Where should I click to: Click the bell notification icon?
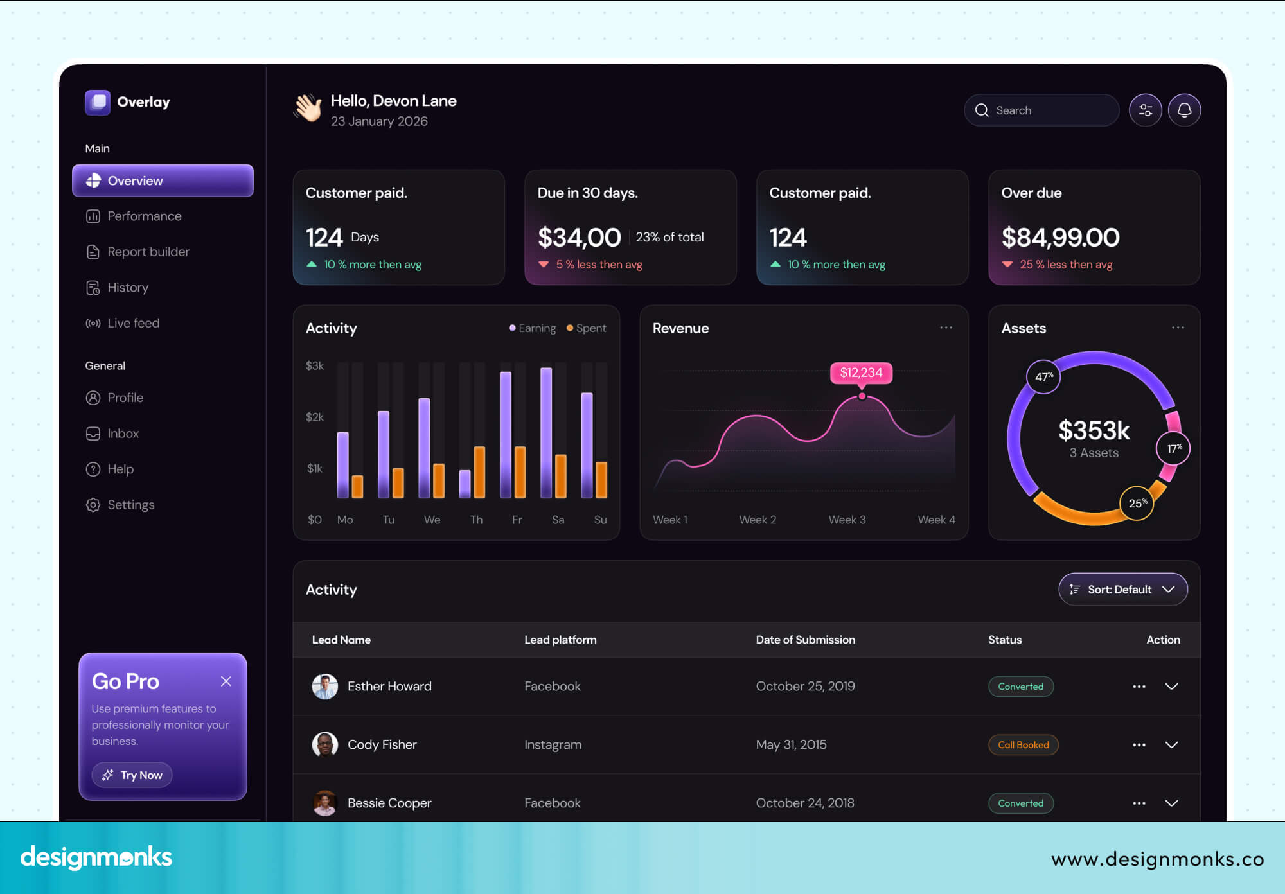(x=1184, y=110)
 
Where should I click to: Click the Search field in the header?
(x=1041, y=110)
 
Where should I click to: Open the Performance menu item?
(x=144, y=216)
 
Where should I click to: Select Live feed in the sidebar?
(x=133, y=323)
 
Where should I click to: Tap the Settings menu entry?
(x=130, y=505)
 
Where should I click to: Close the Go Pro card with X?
(x=226, y=681)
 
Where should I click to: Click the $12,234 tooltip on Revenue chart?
(x=861, y=372)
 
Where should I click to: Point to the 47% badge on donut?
(x=1043, y=377)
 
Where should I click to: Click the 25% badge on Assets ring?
(x=1137, y=503)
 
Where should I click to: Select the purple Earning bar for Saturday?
(x=546, y=434)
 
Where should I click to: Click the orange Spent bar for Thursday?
(x=479, y=472)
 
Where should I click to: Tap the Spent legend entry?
(x=586, y=328)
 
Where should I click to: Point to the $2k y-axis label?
(x=315, y=417)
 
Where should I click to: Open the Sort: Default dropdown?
(x=1122, y=590)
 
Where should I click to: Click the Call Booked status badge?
(x=1023, y=745)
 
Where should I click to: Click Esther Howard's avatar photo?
(x=325, y=687)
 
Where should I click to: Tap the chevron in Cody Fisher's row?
(x=1171, y=745)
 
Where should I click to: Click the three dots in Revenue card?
(x=946, y=328)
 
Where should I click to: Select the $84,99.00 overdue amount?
(x=1060, y=238)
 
